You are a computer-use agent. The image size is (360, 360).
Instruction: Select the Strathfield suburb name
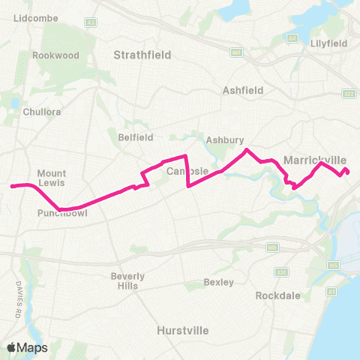pos(142,55)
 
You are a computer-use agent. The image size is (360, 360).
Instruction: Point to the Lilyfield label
pos(328,43)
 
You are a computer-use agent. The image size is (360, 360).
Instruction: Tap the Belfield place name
pos(135,137)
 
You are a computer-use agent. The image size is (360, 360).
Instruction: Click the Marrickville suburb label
pos(315,160)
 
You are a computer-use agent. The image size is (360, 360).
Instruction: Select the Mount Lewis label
pos(52,177)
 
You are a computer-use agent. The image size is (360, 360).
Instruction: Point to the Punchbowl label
pos(57,212)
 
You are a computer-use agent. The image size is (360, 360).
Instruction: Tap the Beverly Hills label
pos(128,280)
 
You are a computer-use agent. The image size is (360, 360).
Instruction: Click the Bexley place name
pos(218,283)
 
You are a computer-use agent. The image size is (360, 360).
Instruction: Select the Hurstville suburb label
pos(182,330)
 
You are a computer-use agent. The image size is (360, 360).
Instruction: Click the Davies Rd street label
pos(16,296)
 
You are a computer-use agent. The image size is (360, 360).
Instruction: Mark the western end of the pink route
pos(12,185)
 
